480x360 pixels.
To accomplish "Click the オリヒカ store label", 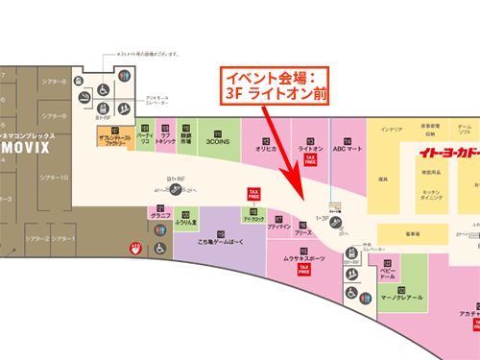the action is [266, 150].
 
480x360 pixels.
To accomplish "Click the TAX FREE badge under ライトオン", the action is [309, 162].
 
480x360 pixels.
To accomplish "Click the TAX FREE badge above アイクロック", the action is [254, 194].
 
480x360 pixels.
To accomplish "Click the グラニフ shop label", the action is [159, 216].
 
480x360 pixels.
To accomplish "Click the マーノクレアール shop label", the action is [402, 299].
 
